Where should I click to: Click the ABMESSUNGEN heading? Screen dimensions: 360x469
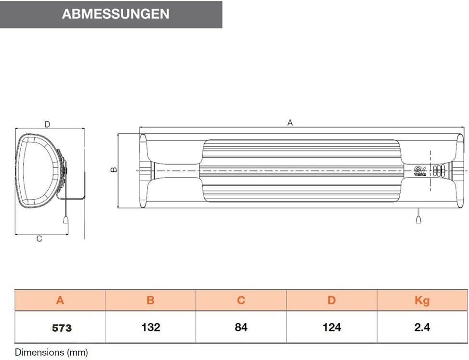115,14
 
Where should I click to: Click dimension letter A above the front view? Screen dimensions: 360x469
290,123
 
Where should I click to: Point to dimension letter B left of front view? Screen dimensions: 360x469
114,169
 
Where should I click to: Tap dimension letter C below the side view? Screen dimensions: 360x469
39,239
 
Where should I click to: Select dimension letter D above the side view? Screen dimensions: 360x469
47,124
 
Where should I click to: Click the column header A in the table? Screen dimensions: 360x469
60,300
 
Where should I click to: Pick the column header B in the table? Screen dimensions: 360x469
150,300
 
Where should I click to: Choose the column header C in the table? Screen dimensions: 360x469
241,300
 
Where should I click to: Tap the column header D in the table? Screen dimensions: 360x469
331,300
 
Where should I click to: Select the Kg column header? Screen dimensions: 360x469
422,300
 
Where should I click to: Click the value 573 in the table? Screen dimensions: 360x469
62,328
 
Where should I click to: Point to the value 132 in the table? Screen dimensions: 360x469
150,327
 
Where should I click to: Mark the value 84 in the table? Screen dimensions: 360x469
241,327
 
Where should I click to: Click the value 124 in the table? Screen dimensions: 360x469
331,327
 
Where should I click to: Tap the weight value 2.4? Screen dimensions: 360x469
422,327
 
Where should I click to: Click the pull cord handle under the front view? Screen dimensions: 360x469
418,219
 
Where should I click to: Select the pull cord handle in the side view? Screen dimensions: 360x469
65,220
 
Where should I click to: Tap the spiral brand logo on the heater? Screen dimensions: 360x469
418,169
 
